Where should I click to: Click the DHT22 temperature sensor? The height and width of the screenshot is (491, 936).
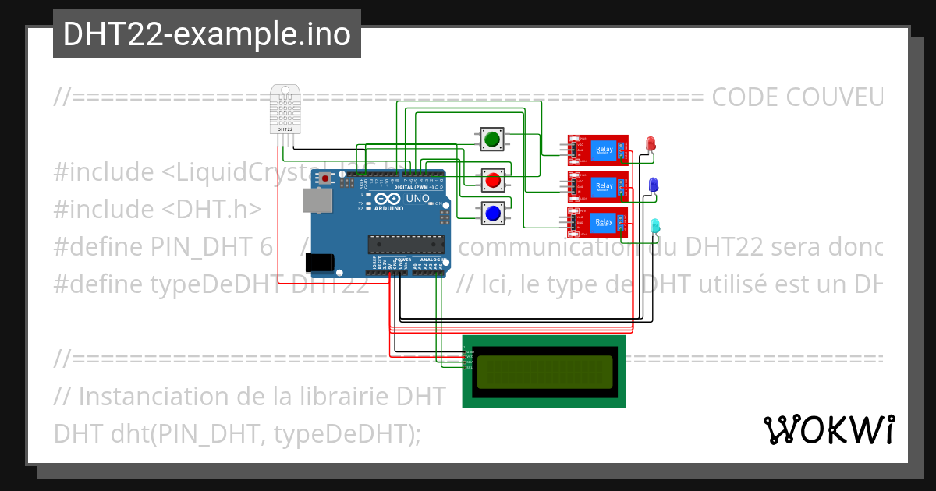(x=285, y=109)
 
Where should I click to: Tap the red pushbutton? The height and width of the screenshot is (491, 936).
(x=492, y=181)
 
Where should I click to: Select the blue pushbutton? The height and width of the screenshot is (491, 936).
(x=492, y=212)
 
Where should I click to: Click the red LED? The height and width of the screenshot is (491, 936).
(x=651, y=143)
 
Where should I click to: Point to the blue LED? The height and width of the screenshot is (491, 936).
(x=654, y=184)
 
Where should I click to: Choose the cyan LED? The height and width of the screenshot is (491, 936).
(x=654, y=225)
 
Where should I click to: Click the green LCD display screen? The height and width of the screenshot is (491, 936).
(x=544, y=372)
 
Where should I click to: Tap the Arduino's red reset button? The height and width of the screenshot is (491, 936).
(x=325, y=179)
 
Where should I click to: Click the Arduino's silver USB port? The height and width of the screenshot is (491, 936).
(x=316, y=202)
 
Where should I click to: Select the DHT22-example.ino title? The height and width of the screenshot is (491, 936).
(x=207, y=34)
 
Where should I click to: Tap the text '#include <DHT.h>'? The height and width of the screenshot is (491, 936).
(x=157, y=209)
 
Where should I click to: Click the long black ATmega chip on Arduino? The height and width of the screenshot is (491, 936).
(x=406, y=244)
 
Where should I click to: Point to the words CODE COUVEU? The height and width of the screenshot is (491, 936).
(x=796, y=97)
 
